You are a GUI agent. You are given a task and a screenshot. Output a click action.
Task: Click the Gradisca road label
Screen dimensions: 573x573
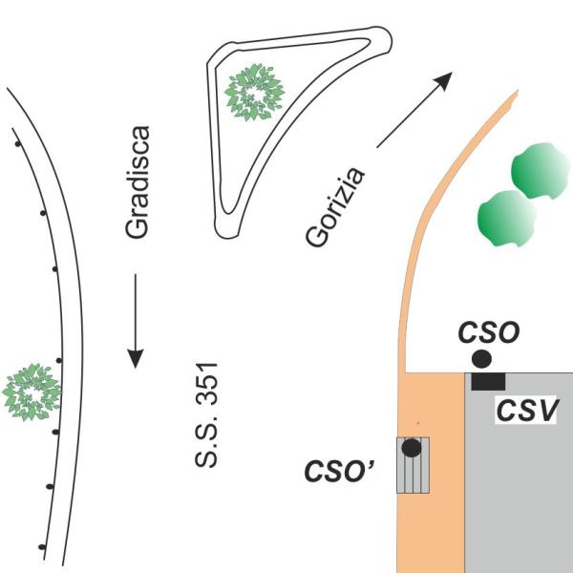point(137,182)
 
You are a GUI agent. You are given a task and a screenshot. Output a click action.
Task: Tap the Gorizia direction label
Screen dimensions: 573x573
point(335,206)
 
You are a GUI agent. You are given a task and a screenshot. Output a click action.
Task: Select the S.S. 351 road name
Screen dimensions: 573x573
point(206,414)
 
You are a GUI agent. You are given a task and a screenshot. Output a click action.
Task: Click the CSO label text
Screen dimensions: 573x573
point(489,332)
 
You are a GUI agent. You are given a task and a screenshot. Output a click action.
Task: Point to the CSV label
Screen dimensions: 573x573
point(526,411)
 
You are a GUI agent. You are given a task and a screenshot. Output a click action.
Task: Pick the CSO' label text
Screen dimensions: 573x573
point(339,471)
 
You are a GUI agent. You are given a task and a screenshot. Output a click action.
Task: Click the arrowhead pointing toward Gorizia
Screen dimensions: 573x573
point(443,81)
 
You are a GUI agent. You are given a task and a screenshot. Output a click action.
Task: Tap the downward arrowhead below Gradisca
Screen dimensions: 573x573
point(136,358)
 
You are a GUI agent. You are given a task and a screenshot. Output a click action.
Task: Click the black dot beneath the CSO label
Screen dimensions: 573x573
point(481,358)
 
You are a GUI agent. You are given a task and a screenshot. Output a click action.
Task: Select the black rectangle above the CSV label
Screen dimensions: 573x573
point(488,381)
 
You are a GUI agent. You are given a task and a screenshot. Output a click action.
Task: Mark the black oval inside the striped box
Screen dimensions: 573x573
point(412,448)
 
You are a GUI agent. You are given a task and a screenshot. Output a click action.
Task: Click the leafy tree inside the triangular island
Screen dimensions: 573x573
point(255,93)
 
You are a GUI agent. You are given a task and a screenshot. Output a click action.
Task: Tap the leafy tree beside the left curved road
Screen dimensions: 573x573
point(32,393)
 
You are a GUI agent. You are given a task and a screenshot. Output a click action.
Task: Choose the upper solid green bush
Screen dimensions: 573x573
point(541,170)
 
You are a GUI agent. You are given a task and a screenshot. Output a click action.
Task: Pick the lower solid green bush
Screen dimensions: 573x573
point(507,219)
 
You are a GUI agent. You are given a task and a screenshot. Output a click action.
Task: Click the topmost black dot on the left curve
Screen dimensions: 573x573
point(17,144)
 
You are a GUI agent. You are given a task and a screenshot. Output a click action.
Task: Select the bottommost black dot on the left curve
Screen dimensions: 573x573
point(42,547)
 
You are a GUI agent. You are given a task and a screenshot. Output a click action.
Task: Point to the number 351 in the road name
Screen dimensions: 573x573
point(206,384)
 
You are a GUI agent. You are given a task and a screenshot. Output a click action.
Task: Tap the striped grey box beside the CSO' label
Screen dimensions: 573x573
point(413,465)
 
